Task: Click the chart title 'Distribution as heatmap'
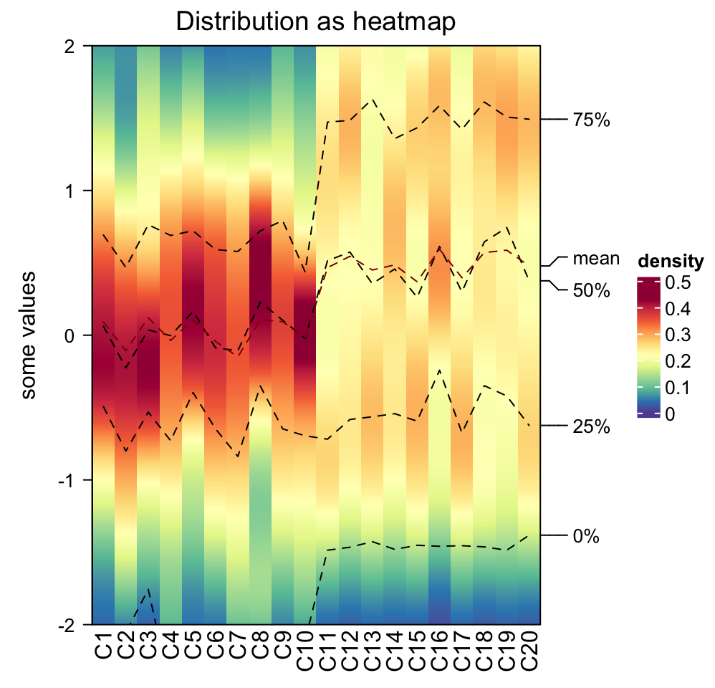tap(316, 21)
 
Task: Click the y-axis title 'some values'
tap(29, 335)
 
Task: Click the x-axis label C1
tap(103, 642)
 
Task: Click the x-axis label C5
tap(193, 642)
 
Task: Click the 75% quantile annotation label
tap(591, 120)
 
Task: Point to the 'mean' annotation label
tap(595, 259)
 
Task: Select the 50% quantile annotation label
tap(591, 290)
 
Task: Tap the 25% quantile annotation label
tap(591, 428)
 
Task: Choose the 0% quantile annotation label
tap(586, 536)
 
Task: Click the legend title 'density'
tap(670, 260)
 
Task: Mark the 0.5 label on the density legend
tap(678, 283)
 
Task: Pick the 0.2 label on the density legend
tap(678, 361)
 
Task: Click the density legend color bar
tap(647, 348)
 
